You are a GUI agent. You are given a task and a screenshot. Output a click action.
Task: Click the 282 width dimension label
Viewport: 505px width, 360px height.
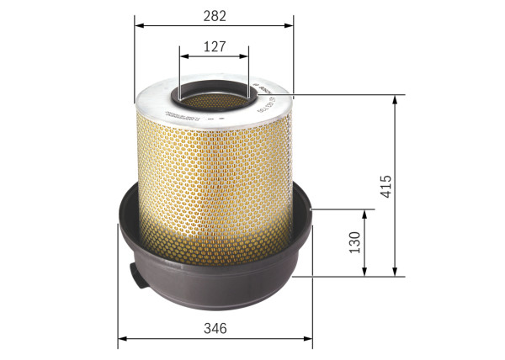pos(214,14)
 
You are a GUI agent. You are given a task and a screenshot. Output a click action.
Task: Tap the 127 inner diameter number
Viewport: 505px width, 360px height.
pos(215,48)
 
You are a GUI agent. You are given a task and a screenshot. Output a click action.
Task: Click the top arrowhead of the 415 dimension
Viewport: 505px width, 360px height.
pos(395,98)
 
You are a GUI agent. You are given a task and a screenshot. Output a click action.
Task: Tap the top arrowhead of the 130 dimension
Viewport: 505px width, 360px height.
pos(364,213)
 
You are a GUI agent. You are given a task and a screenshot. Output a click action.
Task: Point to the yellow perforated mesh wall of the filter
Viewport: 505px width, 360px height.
pos(215,177)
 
